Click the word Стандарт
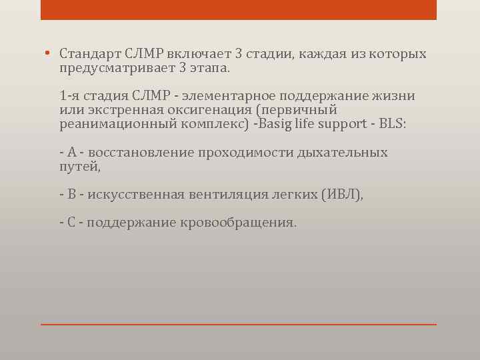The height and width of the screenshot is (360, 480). tap(89, 53)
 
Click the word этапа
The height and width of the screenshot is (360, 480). tap(211, 68)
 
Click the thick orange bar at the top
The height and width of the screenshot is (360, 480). tap(239, 9)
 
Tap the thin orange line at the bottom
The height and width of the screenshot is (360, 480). tap(239, 325)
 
